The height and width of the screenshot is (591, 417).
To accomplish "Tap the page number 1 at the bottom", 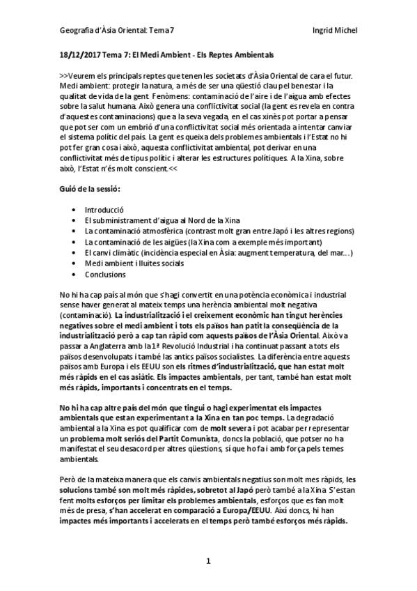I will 207,561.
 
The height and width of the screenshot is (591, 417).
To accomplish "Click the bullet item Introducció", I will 104,209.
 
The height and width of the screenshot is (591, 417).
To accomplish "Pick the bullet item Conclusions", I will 105,274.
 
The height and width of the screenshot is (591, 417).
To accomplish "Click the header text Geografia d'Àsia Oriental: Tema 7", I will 116,31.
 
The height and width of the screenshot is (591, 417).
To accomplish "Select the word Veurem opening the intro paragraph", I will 83,75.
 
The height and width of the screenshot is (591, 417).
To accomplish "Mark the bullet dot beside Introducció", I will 74,210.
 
